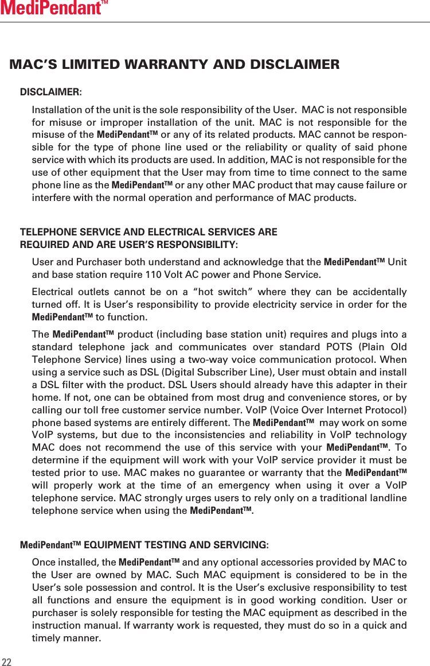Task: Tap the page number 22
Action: (7, 661)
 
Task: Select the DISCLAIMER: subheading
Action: (50, 92)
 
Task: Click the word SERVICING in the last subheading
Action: (240, 544)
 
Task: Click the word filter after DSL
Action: (77, 385)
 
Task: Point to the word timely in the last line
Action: (49, 637)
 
